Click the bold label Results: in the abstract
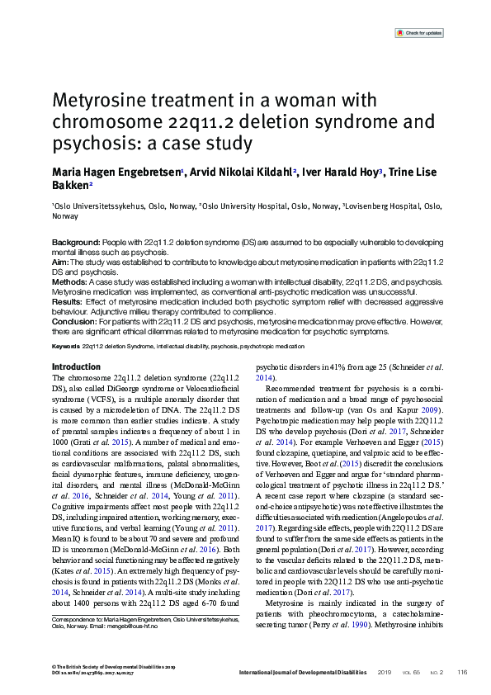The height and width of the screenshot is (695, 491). point(66,303)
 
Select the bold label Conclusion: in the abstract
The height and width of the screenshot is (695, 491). point(72,324)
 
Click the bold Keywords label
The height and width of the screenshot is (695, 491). point(66,345)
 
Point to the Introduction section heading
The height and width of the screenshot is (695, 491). point(76,366)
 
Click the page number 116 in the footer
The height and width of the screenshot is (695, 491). point(463,672)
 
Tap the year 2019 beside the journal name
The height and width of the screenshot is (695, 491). point(384,672)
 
